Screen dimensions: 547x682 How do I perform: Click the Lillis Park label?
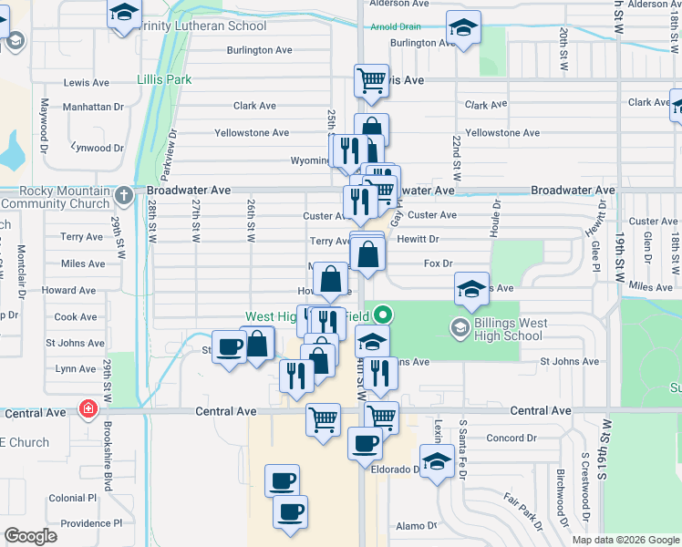click(164, 79)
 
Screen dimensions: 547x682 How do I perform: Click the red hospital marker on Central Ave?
click(88, 408)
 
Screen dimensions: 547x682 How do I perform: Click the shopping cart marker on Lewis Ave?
click(371, 80)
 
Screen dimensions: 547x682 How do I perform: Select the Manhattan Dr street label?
click(93, 107)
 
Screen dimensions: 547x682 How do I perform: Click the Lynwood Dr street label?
click(97, 148)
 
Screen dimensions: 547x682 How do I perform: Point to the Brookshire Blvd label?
click(108, 466)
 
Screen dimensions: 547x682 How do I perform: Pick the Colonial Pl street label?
click(73, 499)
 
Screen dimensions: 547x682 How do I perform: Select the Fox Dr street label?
click(439, 263)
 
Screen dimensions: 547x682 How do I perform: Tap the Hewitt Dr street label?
click(418, 239)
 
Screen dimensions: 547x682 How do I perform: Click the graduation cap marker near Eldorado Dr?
click(437, 460)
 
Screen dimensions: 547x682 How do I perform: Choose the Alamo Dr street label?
click(418, 526)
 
